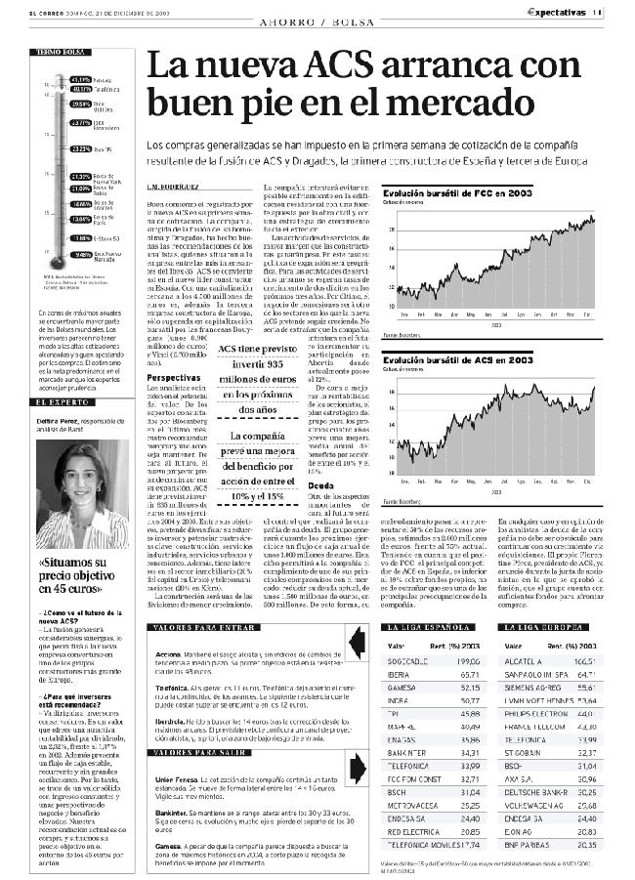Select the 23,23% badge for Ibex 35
81,149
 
